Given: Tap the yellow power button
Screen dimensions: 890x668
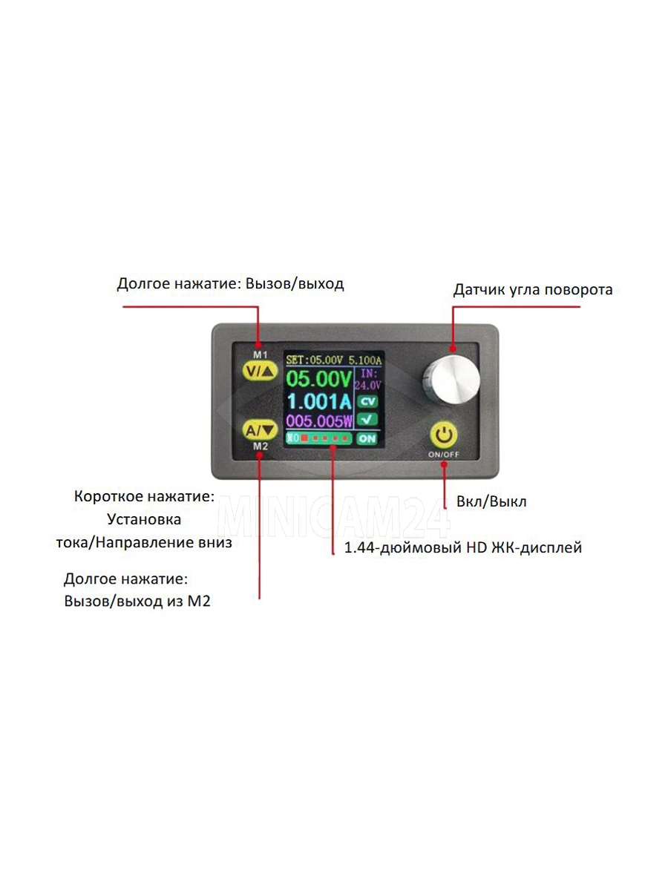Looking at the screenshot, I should pos(443,435).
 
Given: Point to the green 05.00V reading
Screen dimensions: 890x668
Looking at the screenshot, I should pos(319,380).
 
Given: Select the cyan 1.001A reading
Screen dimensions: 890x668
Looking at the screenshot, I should pos(319,402).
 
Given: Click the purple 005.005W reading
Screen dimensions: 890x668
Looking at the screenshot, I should pos(320,422).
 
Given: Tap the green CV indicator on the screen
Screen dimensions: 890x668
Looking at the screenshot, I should pos(367,402).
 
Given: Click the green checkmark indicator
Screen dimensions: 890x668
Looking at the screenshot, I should pos(367,420).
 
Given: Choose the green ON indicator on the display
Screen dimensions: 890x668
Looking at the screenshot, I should pos(367,438).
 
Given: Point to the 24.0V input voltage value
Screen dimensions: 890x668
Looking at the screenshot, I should pos(367,386).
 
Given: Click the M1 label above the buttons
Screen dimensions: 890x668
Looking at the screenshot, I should pos(260,355).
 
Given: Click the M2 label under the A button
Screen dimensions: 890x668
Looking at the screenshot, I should pos(260,446).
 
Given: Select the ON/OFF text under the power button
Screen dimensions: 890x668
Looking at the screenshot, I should pos(443,454).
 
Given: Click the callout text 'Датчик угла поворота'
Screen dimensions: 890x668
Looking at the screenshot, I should pos(533,290).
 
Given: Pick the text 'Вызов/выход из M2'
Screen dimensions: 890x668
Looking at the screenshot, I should pos(137,601).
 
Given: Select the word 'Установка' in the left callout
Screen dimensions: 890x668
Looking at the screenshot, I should pos(144,519).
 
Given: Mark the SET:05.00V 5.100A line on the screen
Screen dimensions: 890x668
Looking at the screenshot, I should pos(333,360).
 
